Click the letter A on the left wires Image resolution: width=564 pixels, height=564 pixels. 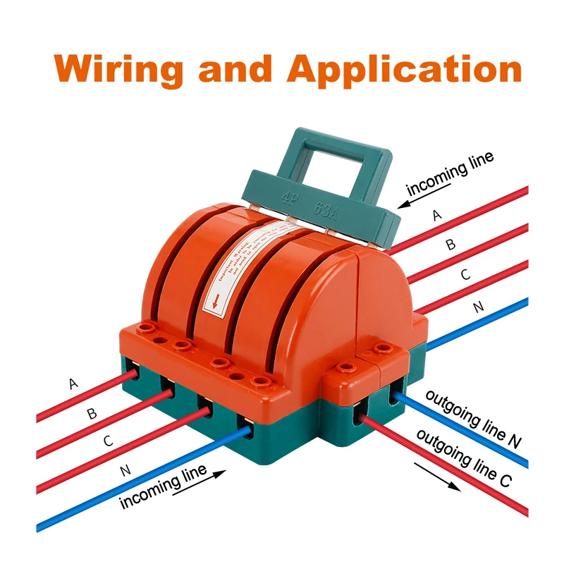(x=73, y=384)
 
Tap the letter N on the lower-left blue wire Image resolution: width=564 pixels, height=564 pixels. (x=126, y=471)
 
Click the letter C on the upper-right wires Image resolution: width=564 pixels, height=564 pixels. (x=465, y=276)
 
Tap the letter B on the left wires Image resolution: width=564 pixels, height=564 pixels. (x=92, y=413)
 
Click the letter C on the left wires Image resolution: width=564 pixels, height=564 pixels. (x=108, y=441)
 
